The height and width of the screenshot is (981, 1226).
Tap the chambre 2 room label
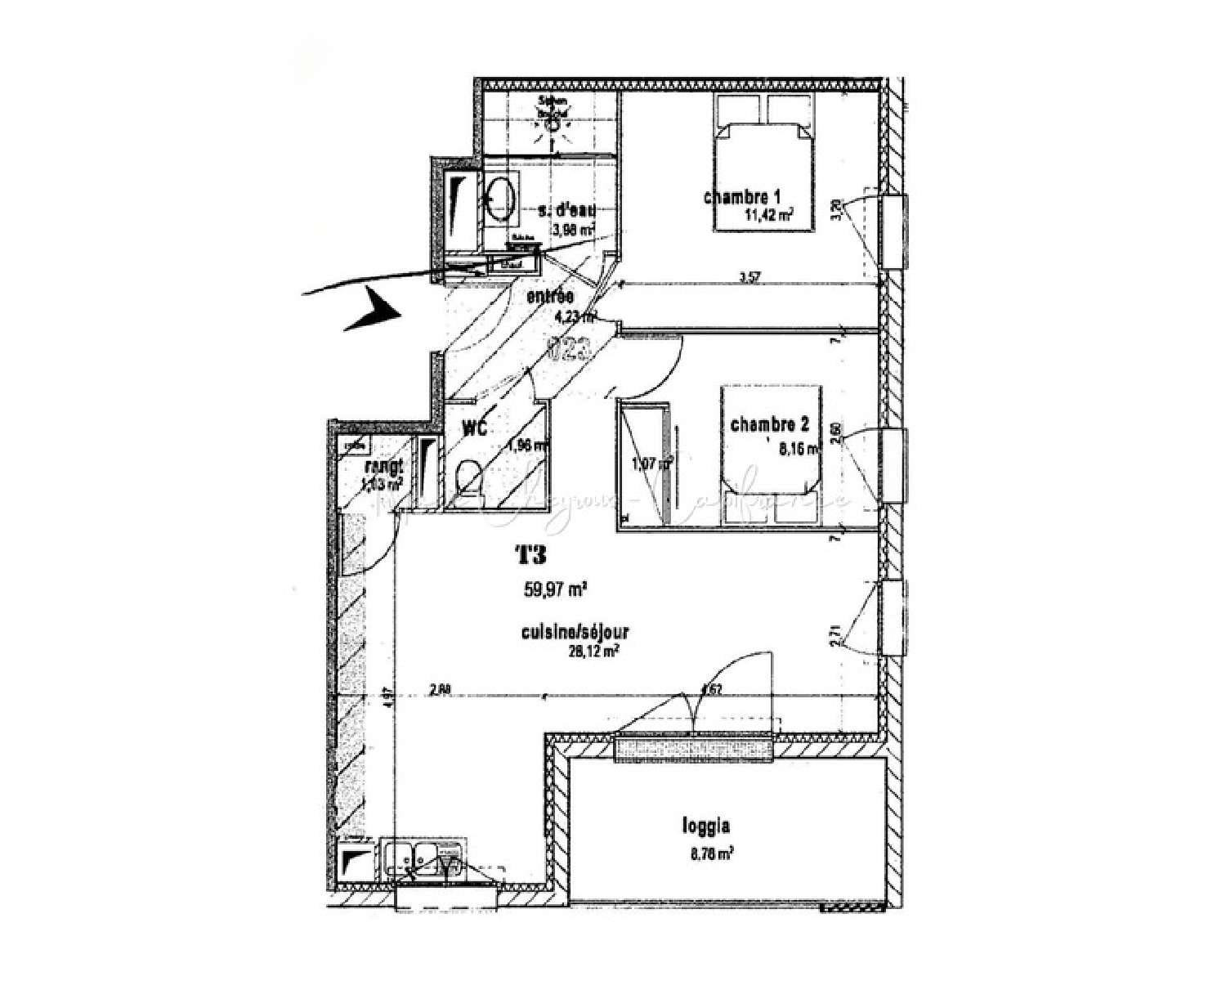(x=769, y=424)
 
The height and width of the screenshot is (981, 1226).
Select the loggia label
(x=705, y=826)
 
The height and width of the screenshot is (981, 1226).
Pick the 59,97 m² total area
(x=556, y=589)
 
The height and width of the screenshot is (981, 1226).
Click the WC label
(x=475, y=428)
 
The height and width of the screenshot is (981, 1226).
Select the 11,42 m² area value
(x=768, y=215)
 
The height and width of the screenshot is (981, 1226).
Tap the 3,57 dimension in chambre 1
(x=745, y=277)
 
